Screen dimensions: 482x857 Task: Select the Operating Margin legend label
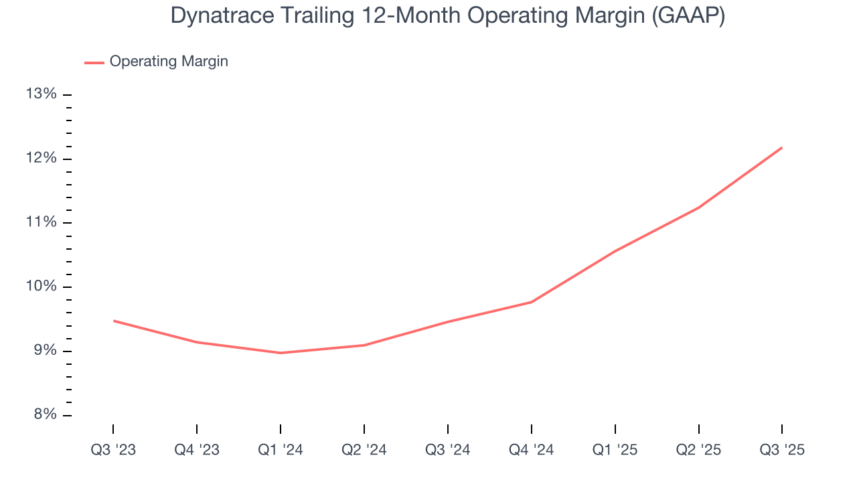tap(169, 62)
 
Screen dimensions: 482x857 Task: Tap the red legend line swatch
tap(94, 62)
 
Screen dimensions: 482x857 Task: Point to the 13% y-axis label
tap(41, 94)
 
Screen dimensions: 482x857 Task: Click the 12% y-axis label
tap(41, 158)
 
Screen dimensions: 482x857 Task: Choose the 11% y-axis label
tap(41, 222)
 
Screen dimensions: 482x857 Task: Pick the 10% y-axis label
tap(41, 287)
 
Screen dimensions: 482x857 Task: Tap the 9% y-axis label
tap(43, 351)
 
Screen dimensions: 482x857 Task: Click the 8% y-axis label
tap(43, 415)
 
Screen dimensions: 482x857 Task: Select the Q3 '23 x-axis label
tap(113, 451)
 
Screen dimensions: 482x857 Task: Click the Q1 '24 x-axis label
tap(281, 451)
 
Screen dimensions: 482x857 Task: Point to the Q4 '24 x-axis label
tap(532, 451)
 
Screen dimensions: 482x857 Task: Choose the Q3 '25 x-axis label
tap(782, 451)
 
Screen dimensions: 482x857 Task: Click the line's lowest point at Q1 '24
tap(281, 353)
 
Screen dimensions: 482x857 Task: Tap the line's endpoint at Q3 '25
tap(782, 147)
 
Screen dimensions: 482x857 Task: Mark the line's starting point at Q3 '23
tap(113, 321)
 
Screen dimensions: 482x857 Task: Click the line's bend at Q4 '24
tap(532, 302)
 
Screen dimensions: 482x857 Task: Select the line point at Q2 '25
tap(699, 208)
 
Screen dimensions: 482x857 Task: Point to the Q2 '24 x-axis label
tap(364, 451)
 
